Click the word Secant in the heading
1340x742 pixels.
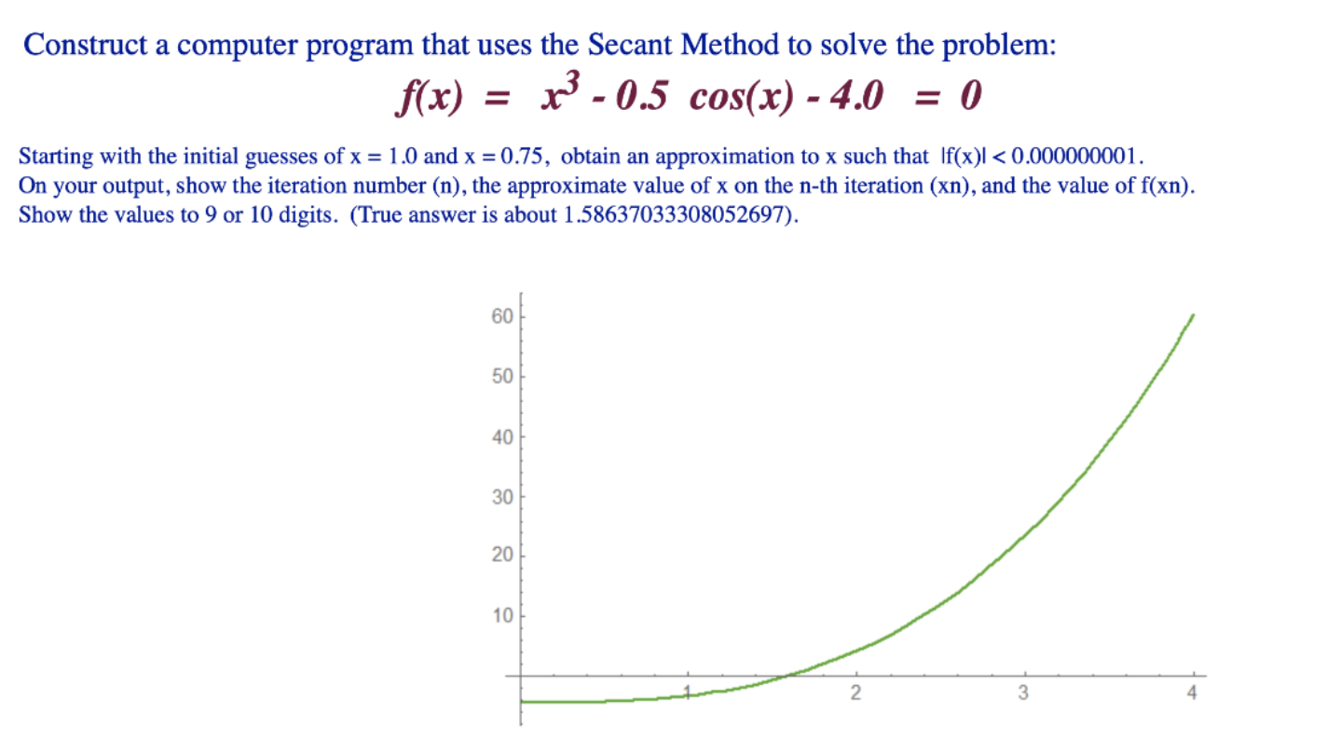tap(630, 45)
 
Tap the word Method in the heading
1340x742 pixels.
tap(730, 45)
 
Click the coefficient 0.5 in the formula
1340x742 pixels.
tap(641, 96)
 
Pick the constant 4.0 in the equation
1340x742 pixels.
tap(856, 96)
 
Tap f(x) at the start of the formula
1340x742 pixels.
tap(429, 97)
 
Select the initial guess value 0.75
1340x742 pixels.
tap(522, 157)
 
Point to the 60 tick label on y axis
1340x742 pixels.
tap(502, 317)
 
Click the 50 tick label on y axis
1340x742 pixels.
tap(502, 377)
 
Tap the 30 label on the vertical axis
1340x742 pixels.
tap(502, 497)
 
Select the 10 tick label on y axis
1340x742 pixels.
tap(502, 616)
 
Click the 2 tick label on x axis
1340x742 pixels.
tap(856, 693)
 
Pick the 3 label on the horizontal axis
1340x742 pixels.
tap(1023, 693)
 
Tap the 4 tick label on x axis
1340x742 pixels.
tap(1192, 693)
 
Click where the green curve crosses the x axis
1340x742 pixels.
tap(787, 676)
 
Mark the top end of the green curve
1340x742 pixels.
tap(1194, 314)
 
